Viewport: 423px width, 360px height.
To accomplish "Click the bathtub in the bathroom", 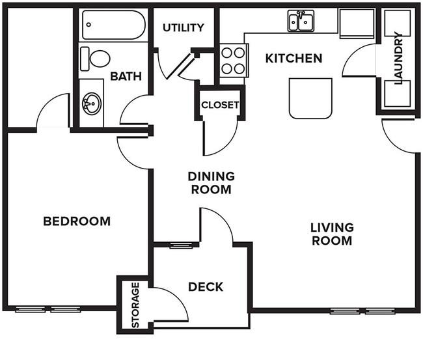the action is tap(114, 25).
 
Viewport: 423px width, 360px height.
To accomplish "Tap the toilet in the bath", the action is tap(95, 59).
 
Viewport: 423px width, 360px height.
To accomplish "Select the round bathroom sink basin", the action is tap(92, 104).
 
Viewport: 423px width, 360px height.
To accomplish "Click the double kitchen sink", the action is tap(301, 21).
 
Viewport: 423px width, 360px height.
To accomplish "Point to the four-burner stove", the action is tap(234, 61).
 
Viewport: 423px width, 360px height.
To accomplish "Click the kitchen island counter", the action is tap(310, 98).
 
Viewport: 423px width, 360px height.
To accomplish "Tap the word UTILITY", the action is tap(184, 27).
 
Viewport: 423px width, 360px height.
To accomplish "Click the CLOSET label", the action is tap(220, 105).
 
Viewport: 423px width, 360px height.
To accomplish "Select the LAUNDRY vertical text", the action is tap(398, 58).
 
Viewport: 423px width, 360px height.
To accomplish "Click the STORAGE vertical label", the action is tap(135, 305).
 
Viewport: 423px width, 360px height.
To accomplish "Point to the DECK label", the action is tap(206, 286).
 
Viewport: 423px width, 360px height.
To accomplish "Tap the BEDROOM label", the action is tap(77, 221).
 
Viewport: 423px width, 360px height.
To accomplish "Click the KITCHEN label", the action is tap(293, 59).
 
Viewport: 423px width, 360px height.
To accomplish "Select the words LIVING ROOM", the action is tap(332, 234).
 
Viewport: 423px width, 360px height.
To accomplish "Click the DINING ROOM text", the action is tap(211, 183).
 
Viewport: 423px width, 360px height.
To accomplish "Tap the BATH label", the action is tap(126, 76).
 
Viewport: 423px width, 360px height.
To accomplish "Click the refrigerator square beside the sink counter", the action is tap(357, 23).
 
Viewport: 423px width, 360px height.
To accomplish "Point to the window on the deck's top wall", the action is tap(182, 245).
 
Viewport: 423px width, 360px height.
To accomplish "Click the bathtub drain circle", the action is tap(89, 25).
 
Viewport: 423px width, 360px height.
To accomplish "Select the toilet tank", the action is tap(85, 59).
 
